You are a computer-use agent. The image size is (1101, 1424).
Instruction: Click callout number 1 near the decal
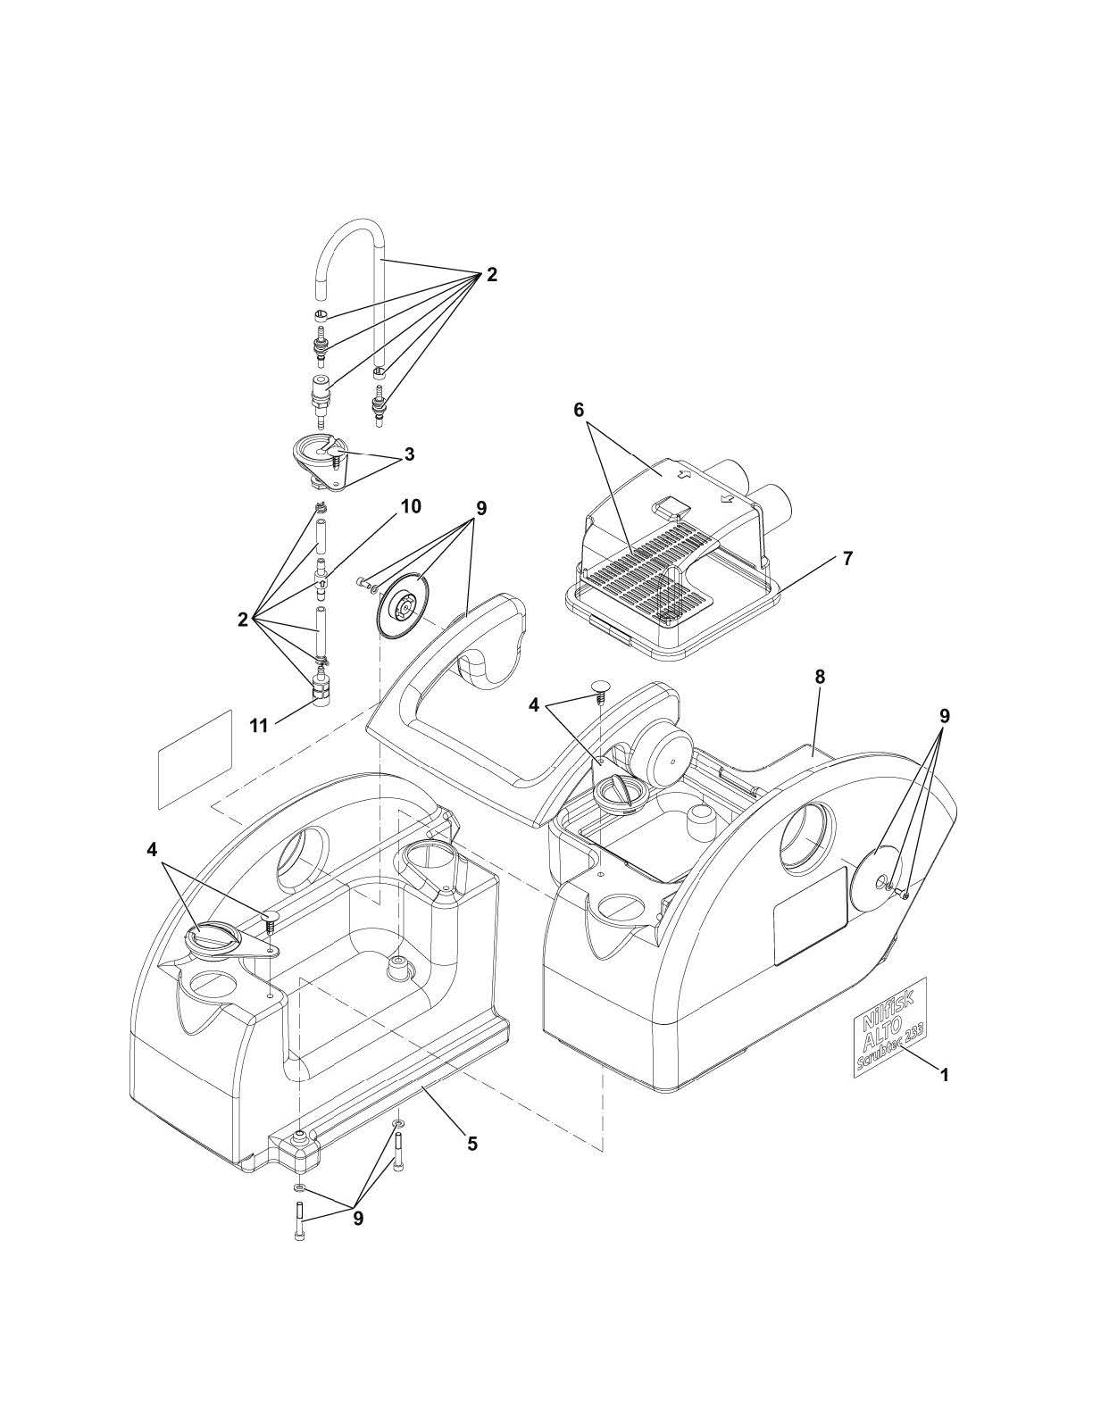click(x=943, y=1076)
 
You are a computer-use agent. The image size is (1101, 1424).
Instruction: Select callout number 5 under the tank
click(x=472, y=1143)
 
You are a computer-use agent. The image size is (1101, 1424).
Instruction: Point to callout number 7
click(x=847, y=559)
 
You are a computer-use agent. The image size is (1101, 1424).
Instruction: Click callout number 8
click(x=820, y=678)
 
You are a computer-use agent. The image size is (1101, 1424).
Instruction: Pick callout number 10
click(x=411, y=507)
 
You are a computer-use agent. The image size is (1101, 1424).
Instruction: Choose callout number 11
click(x=259, y=726)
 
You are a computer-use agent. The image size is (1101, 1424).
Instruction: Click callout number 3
click(x=409, y=454)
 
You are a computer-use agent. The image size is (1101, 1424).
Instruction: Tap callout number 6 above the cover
click(x=579, y=410)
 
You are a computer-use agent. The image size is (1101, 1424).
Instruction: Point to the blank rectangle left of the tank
click(x=196, y=759)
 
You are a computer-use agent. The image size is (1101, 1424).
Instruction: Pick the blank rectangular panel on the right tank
click(x=809, y=916)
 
